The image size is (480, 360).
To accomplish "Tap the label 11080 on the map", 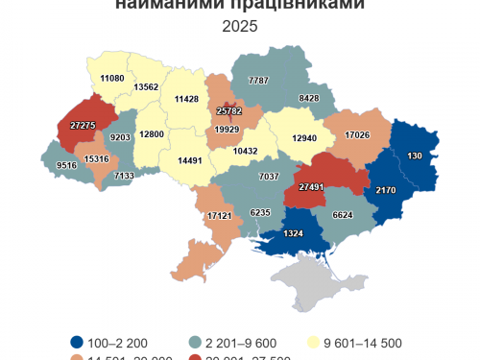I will tap(112, 78).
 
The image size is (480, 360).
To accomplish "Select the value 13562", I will tap(147, 87).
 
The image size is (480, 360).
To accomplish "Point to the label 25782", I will tap(228, 113).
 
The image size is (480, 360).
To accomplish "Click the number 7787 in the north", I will tap(258, 80).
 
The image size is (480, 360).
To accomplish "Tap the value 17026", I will tap(358, 134).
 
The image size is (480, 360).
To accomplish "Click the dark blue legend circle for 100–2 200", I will tap(76, 342).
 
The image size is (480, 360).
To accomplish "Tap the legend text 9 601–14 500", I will tap(363, 342).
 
